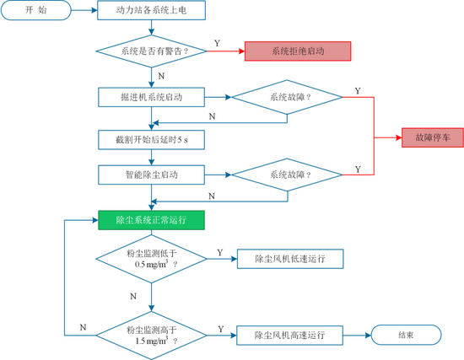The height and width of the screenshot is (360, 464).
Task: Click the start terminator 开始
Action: (x=35, y=10)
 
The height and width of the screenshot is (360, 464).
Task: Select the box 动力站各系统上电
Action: (x=152, y=10)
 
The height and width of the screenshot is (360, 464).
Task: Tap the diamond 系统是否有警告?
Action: (x=152, y=51)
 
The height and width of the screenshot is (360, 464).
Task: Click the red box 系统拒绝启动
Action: (x=298, y=51)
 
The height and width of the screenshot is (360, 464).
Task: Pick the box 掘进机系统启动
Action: (x=151, y=97)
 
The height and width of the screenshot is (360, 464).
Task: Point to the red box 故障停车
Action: (x=433, y=137)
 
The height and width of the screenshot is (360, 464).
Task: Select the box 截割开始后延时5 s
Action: (x=151, y=140)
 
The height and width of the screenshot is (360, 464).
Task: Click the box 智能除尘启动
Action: (x=151, y=175)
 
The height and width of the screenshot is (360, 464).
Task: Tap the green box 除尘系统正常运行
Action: (x=151, y=220)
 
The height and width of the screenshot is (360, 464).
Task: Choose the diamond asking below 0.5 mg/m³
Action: (x=152, y=259)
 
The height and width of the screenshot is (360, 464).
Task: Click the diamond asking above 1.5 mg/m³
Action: (x=152, y=336)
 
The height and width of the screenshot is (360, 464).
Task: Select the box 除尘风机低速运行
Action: (x=290, y=259)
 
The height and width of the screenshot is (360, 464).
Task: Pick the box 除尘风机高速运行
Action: (x=289, y=336)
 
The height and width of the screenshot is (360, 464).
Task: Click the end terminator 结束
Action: (x=406, y=335)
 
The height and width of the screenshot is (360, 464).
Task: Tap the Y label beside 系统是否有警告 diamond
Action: (x=217, y=44)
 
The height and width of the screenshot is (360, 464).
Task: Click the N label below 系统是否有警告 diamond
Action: (x=161, y=76)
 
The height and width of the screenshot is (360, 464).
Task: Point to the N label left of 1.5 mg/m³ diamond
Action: (x=83, y=327)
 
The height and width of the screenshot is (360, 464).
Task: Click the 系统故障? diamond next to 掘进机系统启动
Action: (x=287, y=97)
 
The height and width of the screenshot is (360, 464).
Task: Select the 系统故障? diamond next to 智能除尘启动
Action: (x=287, y=175)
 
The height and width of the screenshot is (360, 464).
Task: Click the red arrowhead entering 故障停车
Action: (x=398, y=137)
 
